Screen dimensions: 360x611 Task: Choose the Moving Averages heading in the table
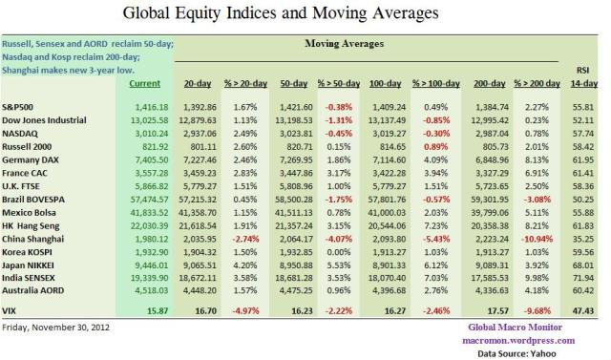343,44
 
